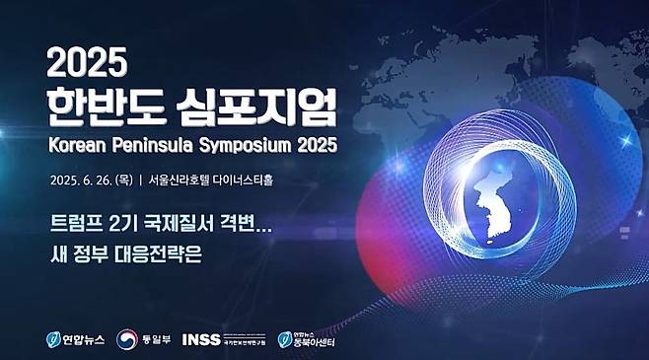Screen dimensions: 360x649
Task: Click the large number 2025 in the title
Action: tap(87, 64)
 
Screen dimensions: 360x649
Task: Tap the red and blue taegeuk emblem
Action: tap(126, 339)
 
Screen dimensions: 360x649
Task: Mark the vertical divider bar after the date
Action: tap(141, 180)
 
